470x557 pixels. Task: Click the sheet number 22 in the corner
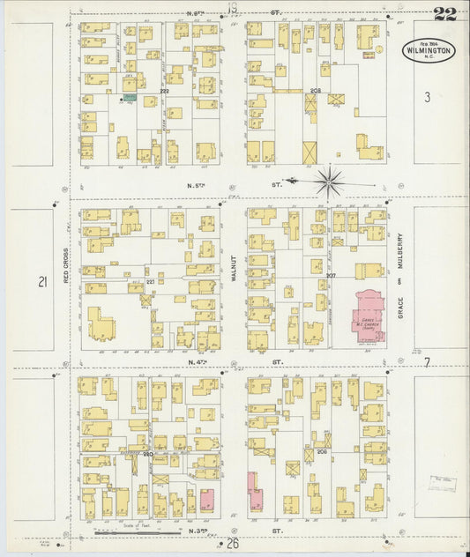click(x=444, y=13)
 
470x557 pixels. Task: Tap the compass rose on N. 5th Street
click(x=330, y=182)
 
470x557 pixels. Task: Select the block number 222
click(x=164, y=91)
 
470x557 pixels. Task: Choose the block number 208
click(x=315, y=91)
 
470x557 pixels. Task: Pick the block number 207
click(x=330, y=275)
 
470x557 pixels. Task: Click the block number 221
click(x=149, y=281)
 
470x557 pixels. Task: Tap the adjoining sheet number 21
click(x=41, y=282)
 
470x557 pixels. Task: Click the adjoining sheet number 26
click(x=233, y=544)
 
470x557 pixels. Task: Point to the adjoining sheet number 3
click(x=427, y=98)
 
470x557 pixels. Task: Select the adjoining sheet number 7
click(x=426, y=362)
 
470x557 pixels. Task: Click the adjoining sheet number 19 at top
click(x=232, y=9)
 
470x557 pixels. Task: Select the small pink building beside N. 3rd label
click(x=207, y=500)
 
